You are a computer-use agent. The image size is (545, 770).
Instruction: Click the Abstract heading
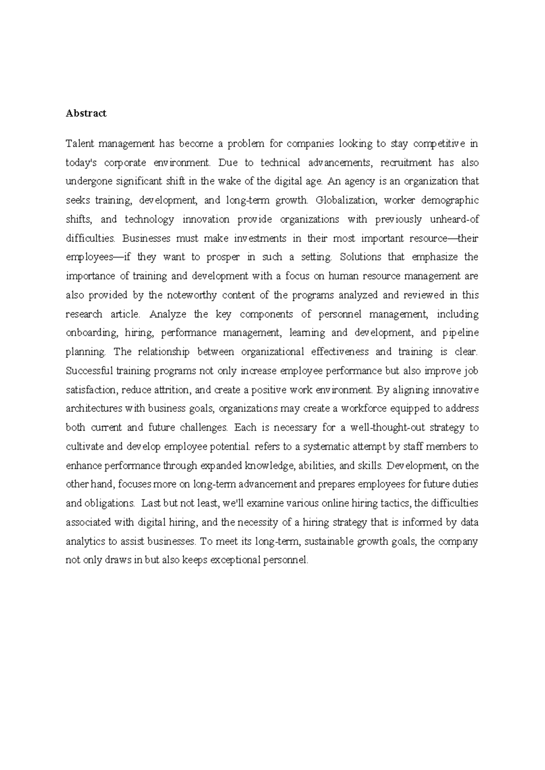(86, 114)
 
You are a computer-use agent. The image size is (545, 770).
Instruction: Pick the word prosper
(223, 257)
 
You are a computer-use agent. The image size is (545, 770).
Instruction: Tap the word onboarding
(91, 333)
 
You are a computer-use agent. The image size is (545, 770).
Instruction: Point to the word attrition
(171, 390)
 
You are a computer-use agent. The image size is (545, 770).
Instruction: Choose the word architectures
(94, 409)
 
